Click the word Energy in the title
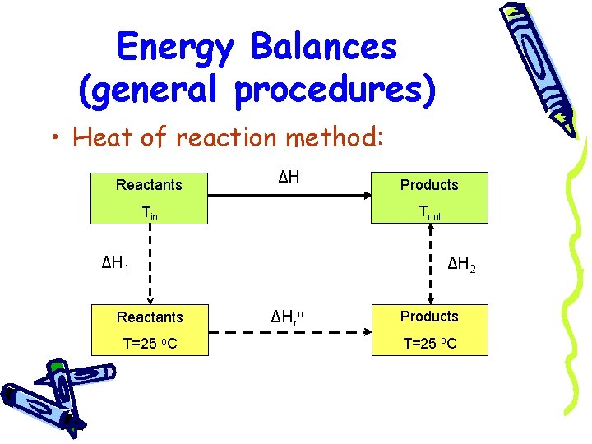click(x=175, y=47)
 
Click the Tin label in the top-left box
click(x=149, y=213)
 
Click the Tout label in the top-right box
click(x=429, y=213)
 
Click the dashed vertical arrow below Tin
click(x=149, y=263)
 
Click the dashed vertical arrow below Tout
click(x=429, y=263)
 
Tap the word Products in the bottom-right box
click(x=429, y=317)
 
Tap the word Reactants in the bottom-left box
click(x=150, y=317)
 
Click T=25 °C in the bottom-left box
click(x=150, y=343)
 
